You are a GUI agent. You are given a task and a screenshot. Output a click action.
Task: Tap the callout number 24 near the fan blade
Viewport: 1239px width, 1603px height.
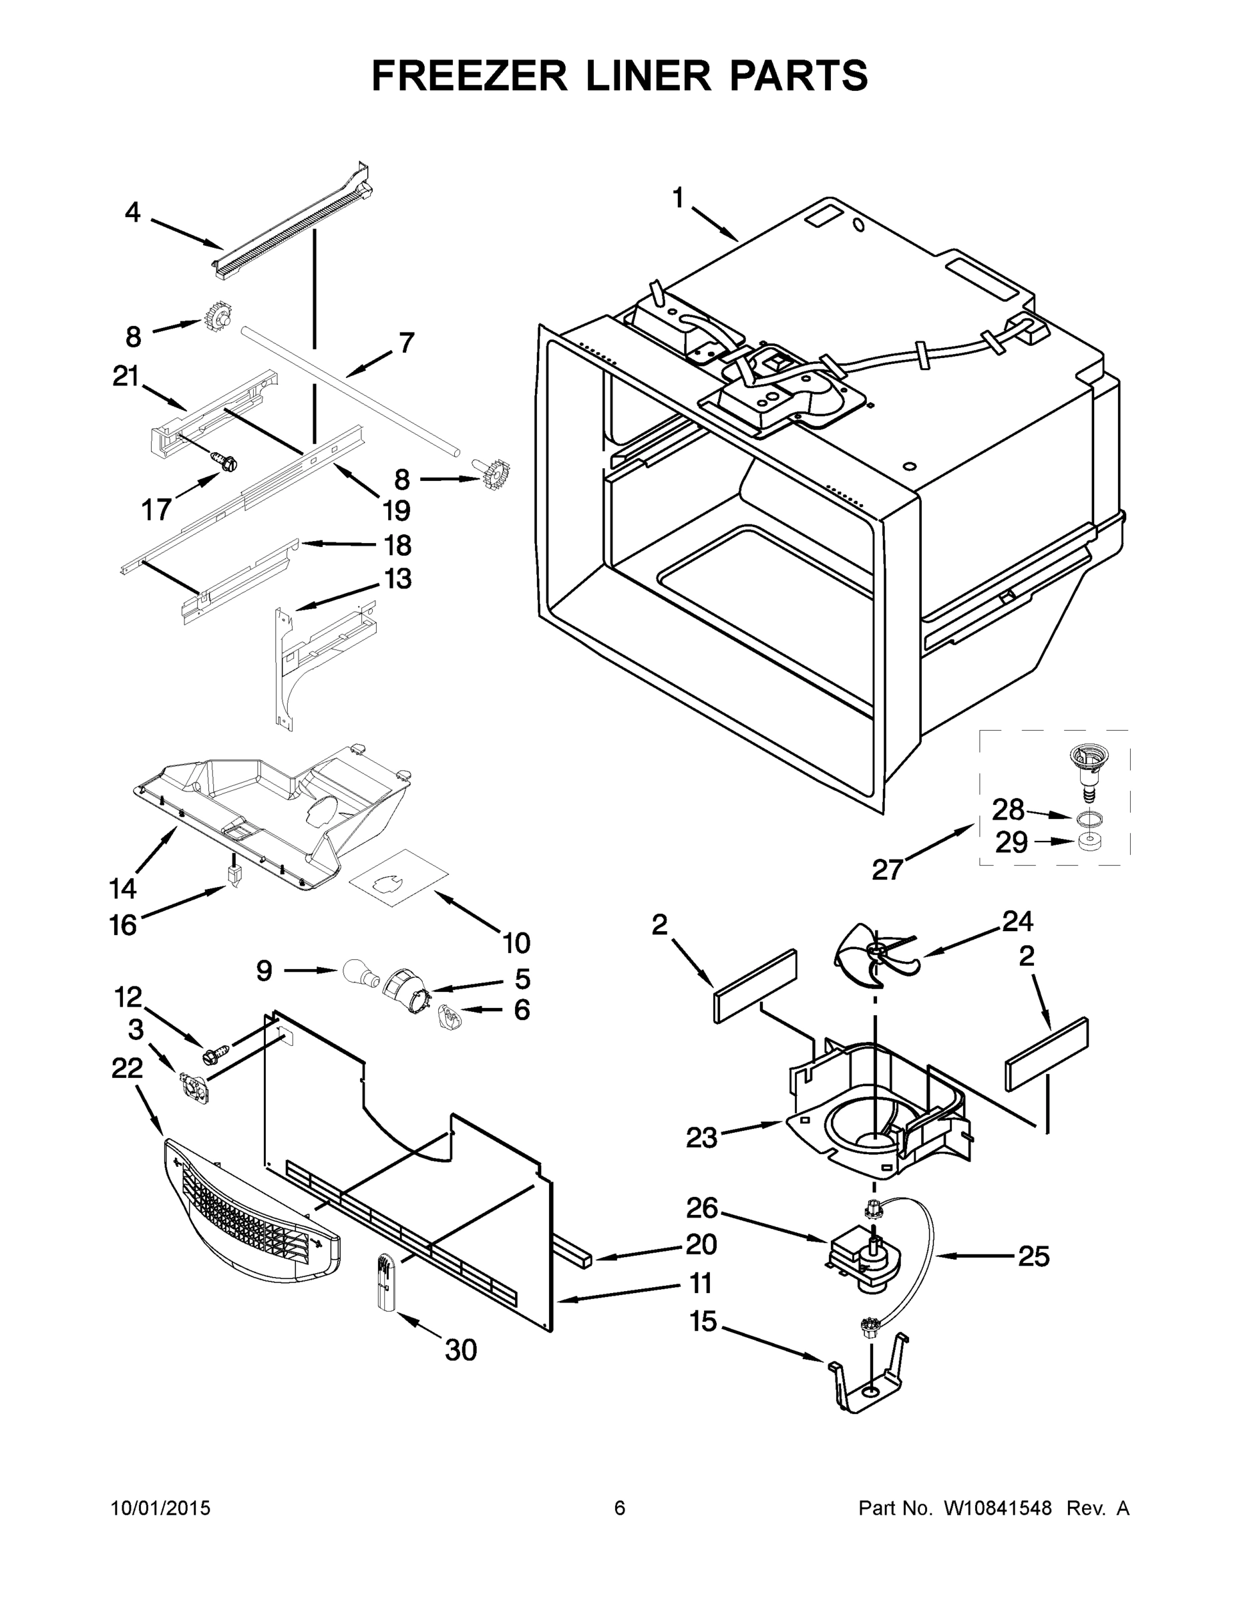[x=1017, y=921]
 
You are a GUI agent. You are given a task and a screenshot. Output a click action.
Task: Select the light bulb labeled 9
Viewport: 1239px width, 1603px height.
[x=359, y=973]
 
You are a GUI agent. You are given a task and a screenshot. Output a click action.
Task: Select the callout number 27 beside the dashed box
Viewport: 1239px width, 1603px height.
[x=887, y=870]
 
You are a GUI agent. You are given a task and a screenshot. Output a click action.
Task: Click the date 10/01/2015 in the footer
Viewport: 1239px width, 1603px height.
[x=161, y=1507]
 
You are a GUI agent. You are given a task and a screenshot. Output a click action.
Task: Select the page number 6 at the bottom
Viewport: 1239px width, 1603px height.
[x=620, y=1507]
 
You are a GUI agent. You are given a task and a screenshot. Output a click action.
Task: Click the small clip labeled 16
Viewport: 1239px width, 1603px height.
[x=235, y=876]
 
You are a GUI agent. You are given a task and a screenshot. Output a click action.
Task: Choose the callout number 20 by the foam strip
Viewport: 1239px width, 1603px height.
[x=700, y=1244]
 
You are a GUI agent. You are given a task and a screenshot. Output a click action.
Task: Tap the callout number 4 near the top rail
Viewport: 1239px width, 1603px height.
[x=132, y=213]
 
